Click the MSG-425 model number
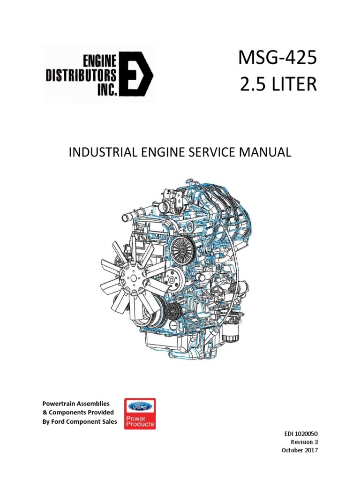coord(277,60)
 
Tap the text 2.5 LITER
coord(277,86)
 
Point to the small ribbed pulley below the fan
coord(174,310)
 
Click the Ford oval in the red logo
coord(140,406)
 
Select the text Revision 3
coord(304,442)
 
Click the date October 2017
coord(300,450)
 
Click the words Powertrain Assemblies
coord(76,403)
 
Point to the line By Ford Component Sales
coord(80,421)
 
